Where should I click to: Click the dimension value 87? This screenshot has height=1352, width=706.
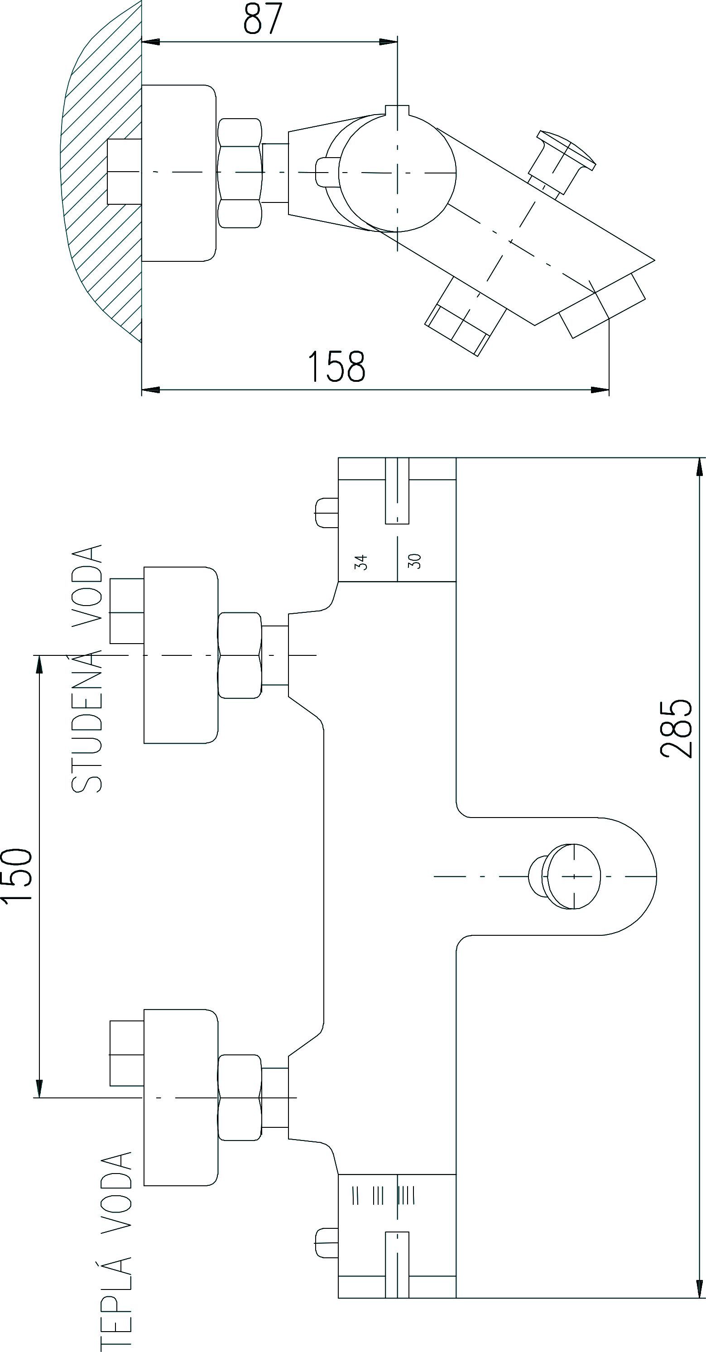click(263, 19)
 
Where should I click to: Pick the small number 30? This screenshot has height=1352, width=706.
click(415, 561)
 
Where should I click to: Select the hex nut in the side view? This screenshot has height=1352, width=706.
click(240, 173)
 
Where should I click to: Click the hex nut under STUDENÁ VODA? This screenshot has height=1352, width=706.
click(240, 655)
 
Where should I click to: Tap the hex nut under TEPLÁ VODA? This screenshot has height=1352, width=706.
click(240, 1097)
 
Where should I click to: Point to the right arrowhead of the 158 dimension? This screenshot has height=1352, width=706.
click(601, 390)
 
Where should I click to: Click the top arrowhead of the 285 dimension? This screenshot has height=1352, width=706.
click(700, 467)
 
